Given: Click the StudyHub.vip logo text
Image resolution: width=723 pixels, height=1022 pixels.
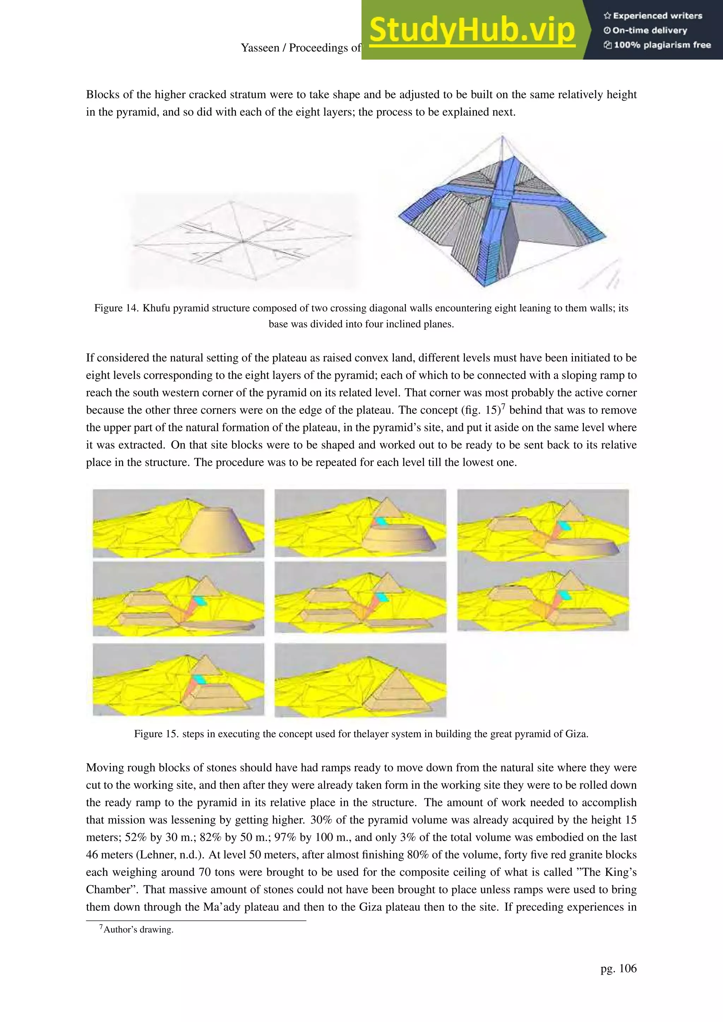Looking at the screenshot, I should (472, 29).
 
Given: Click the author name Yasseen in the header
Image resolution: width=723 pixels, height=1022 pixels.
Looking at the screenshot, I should (260, 48).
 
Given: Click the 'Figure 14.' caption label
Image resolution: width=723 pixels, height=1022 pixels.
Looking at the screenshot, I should (116, 308).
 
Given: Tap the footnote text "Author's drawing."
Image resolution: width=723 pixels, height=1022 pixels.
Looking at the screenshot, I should (138, 930).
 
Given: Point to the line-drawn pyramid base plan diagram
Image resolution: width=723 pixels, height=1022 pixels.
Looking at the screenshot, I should (243, 241).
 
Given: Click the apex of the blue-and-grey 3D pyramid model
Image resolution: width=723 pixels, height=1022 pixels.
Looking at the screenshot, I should (502, 136).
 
